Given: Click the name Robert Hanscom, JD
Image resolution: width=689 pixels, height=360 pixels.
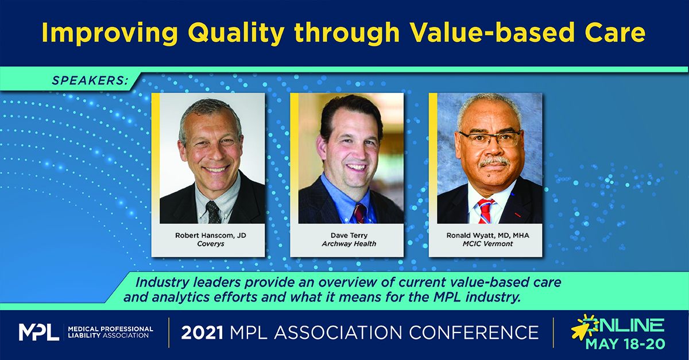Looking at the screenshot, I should (x=208, y=236).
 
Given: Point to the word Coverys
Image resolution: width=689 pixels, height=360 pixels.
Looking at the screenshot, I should (x=208, y=245).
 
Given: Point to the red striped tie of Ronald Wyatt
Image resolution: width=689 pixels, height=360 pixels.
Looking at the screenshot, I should (x=484, y=210).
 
